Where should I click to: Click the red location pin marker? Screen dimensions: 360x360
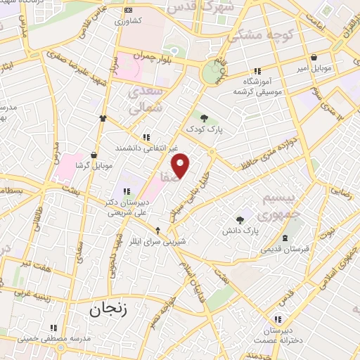(x=181, y=165)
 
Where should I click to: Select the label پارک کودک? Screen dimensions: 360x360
(x=204, y=129)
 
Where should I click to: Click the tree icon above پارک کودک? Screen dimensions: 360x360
(x=204, y=118)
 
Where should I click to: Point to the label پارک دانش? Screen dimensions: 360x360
(x=241, y=231)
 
